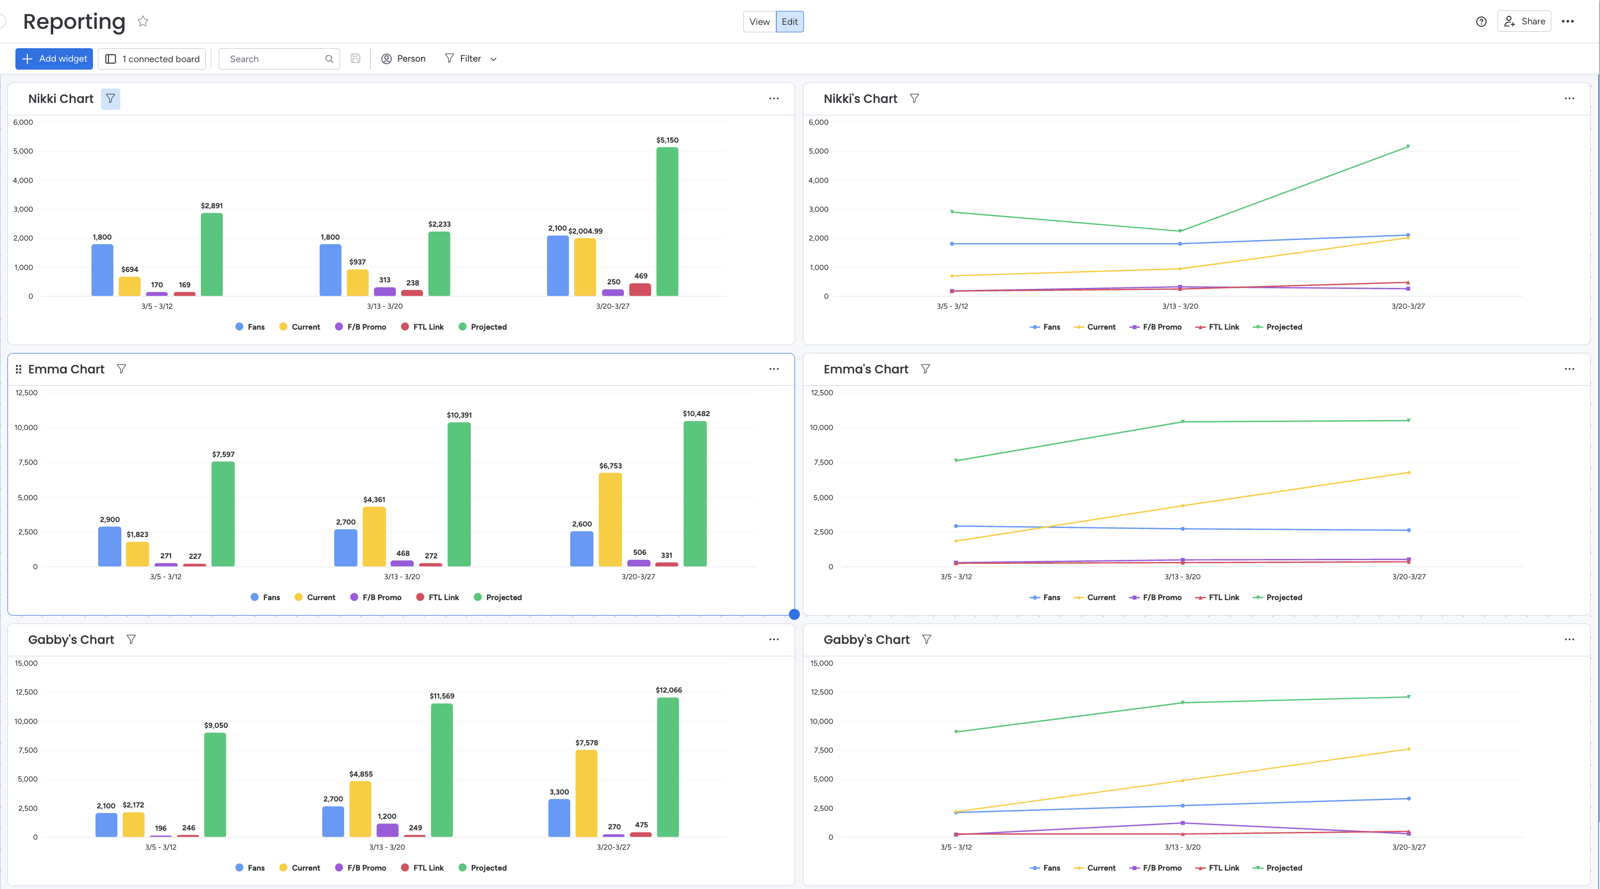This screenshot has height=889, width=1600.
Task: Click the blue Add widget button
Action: (54, 58)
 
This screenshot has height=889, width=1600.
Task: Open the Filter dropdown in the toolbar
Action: (471, 58)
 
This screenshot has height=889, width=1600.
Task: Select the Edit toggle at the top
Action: (790, 22)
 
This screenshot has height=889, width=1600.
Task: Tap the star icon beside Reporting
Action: (143, 21)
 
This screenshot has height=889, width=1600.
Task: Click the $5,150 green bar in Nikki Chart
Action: (667, 221)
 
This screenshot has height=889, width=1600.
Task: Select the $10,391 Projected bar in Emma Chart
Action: (459, 494)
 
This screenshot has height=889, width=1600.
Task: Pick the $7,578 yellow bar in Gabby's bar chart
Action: (586, 794)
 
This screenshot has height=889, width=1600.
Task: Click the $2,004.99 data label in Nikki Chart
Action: (585, 231)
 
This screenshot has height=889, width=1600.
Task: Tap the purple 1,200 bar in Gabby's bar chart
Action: (387, 830)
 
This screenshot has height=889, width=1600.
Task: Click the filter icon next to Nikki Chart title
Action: (110, 99)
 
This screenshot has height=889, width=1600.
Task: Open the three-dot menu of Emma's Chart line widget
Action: (1569, 369)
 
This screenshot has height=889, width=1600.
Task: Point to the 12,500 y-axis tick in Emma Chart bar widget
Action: (26, 393)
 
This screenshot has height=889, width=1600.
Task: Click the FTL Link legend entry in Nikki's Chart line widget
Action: (1217, 327)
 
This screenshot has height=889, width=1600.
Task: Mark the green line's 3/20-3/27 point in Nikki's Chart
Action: (1408, 147)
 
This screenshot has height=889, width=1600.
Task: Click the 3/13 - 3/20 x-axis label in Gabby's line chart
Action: (1182, 847)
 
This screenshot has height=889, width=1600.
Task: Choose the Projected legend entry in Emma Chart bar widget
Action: (498, 597)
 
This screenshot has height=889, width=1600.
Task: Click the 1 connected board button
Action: (152, 58)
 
